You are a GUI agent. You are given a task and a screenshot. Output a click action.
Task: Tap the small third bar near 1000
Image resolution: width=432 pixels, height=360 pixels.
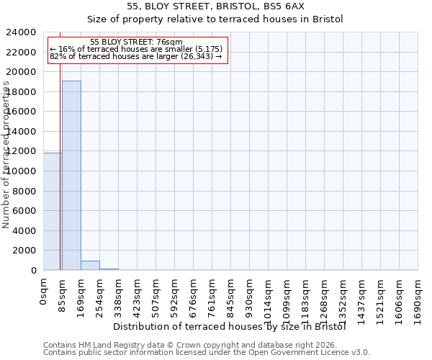(90, 265)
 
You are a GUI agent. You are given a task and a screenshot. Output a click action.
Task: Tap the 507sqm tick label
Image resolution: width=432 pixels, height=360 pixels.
(156, 294)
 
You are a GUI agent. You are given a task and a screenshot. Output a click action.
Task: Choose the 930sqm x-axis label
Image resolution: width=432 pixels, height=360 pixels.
(249, 294)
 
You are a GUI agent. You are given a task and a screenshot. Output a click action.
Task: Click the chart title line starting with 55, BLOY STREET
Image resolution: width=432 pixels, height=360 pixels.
(215, 6)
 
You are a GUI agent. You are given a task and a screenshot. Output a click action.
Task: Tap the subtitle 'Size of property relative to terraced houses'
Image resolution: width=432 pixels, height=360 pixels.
(215, 19)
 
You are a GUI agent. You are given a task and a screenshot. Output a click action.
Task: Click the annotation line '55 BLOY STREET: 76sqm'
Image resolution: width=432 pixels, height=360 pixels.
(137, 42)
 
